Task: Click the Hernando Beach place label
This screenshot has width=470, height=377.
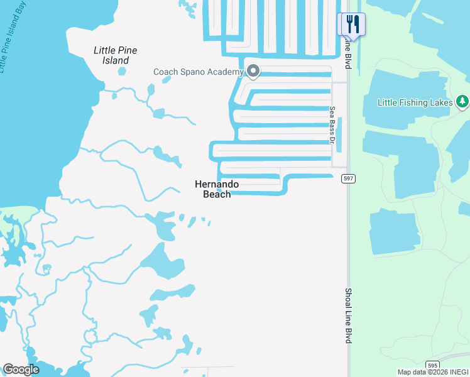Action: (x=217, y=189)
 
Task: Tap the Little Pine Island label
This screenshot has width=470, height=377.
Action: (x=116, y=55)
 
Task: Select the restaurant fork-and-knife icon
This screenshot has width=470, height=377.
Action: (x=352, y=25)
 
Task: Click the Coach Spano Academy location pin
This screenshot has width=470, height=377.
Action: (x=253, y=72)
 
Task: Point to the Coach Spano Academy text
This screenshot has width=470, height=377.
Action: (x=198, y=72)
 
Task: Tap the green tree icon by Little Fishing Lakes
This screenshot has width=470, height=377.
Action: (x=462, y=101)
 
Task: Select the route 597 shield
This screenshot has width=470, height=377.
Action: (x=348, y=179)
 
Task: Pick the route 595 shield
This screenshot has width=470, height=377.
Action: (x=432, y=365)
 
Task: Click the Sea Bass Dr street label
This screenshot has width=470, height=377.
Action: (x=332, y=124)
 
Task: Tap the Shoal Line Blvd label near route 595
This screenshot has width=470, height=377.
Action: (x=347, y=315)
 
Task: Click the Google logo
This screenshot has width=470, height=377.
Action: (x=21, y=369)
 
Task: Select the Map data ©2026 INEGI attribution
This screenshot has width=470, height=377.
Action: (x=432, y=372)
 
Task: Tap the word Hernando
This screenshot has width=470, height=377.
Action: (x=217, y=184)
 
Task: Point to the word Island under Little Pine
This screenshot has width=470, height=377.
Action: (x=116, y=61)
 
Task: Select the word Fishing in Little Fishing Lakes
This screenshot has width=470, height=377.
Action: (x=411, y=102)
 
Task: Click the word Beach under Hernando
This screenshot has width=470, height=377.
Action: (x=217, y=194)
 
